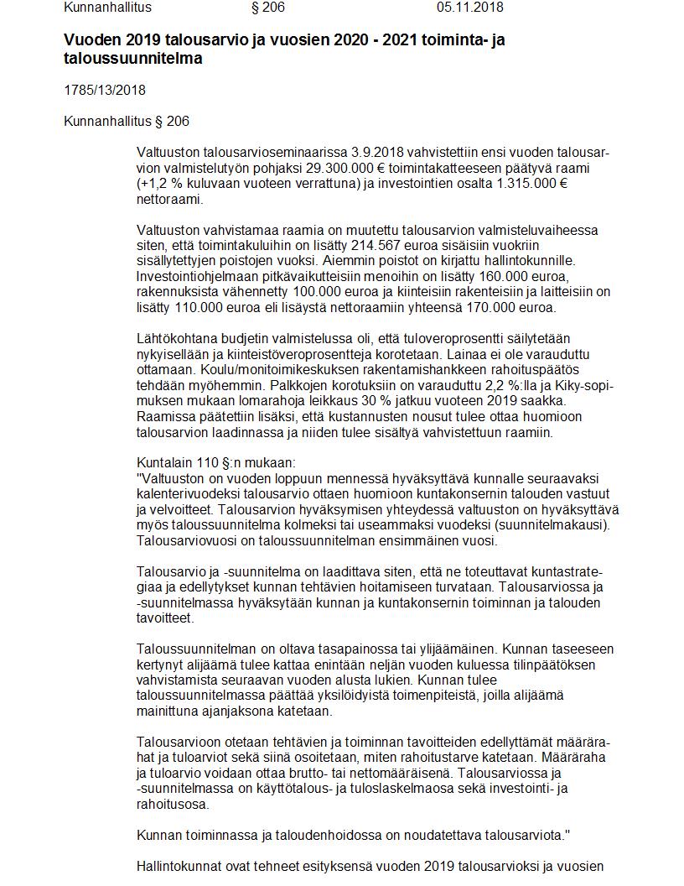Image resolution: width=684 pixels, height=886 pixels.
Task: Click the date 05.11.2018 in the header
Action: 469,8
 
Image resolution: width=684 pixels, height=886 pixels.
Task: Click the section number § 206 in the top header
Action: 267,8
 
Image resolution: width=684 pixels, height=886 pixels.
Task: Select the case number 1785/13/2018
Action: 105,91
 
